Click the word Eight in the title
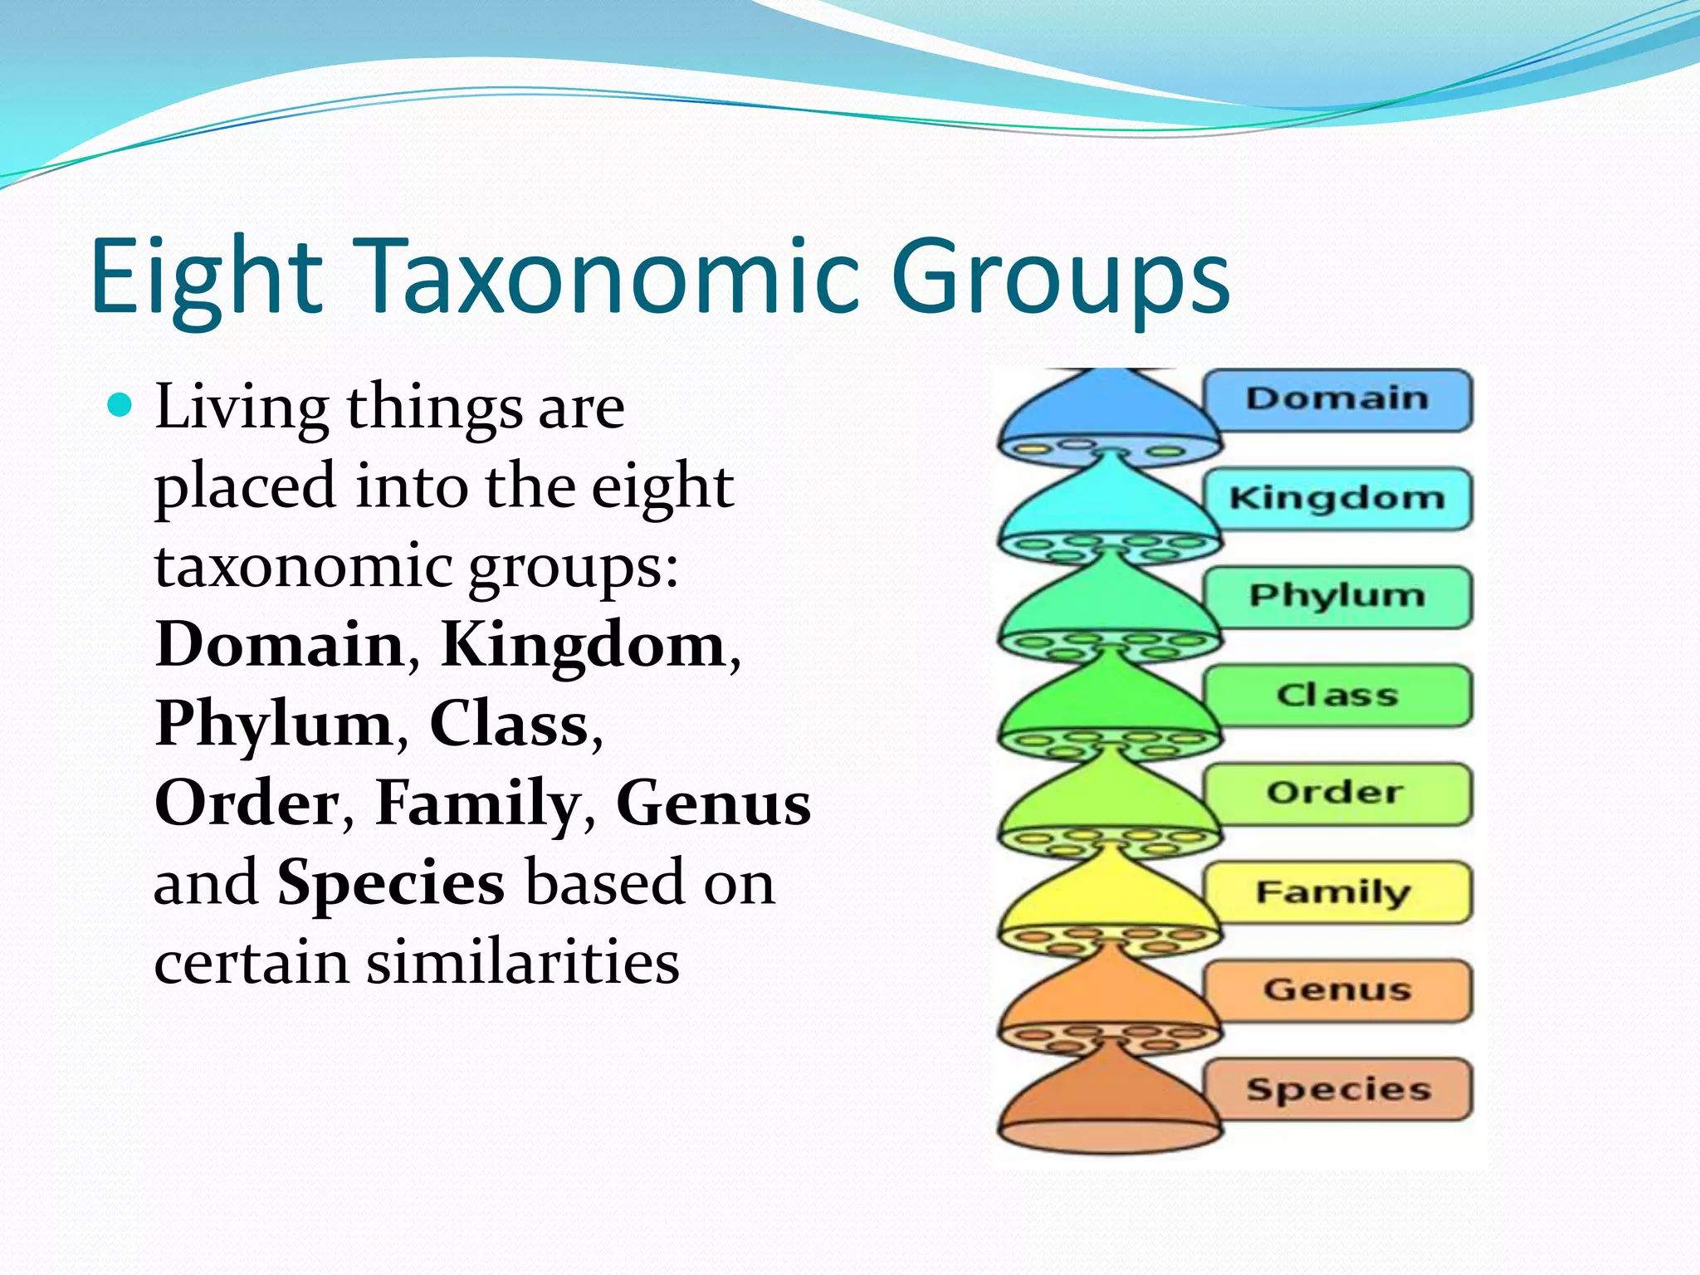[206, 278]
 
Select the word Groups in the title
[1060, 278]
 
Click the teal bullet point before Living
[120, 406]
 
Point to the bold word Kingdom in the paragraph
[584, 644]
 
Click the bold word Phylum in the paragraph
[273, 724]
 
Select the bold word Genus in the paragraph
[713, 804]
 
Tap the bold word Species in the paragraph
[390, 882]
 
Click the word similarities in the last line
[523, 962]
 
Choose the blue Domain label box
[1336, 400]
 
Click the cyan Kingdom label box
[1336, 499]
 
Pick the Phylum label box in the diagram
[1336, 597]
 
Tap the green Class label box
[1336, 696]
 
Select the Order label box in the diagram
[1336, 794]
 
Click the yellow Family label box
[1336, 892]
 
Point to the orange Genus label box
[1336, 990]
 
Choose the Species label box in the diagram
[1336, 1089]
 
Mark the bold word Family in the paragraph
[476, 804]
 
